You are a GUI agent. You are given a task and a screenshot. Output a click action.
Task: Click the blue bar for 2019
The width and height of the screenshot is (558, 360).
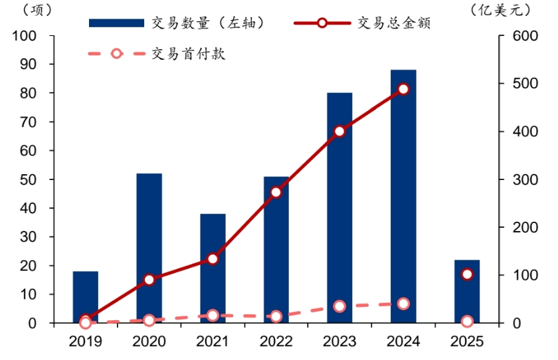pyautogui.click(x=85, y=297)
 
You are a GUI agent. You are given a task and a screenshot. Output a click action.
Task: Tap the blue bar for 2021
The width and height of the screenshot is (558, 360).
pyautogui.click(x=213, y=268)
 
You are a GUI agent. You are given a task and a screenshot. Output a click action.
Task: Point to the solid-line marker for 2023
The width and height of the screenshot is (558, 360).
pyautogui.click(x=339, y=132)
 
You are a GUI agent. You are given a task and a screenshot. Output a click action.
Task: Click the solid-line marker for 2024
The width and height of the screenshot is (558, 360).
pyautogui.click(x=403, y=89)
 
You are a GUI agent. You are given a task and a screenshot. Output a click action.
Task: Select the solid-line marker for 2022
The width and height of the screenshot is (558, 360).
pyautogui.click(x=276, y=193)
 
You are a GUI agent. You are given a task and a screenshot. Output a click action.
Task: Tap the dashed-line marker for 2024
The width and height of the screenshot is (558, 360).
pyautogui.click(x=403, y=304)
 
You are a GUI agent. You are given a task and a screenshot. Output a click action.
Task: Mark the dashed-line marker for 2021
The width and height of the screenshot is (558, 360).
pyautogui.click(x=213, y=315)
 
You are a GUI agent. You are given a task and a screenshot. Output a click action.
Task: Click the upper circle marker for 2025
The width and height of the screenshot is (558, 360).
pyautogui.click(x=467, y=274)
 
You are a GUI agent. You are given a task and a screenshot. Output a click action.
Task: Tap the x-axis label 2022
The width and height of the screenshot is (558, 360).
pyautogui.click(x=276, y=342)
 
